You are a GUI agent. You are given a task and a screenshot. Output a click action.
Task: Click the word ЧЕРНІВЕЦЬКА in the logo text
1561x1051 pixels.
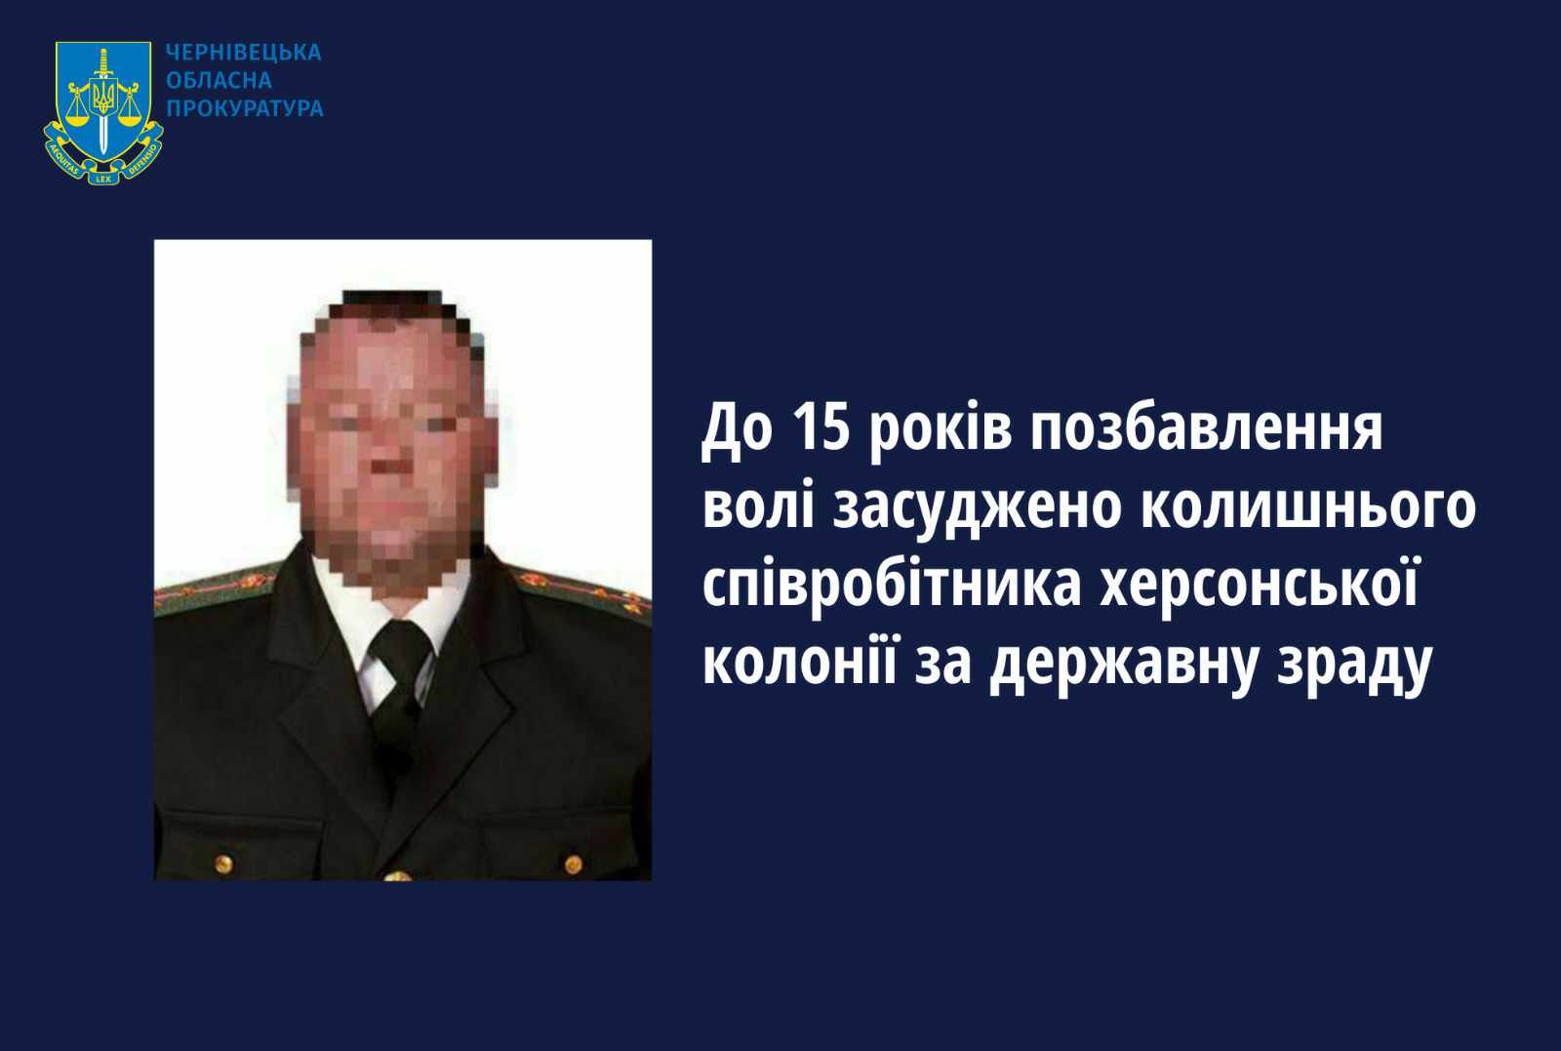(x=243, y=53)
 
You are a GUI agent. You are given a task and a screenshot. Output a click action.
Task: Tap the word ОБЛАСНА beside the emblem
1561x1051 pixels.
(x=219, y=80)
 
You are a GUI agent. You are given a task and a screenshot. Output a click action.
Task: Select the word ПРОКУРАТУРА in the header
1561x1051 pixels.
(x=245, y=108)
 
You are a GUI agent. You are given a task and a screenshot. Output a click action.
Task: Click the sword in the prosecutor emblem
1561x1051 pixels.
(x=103, y=101)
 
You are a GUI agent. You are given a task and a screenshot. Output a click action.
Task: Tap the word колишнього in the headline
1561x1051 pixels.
(x=1308, y=507)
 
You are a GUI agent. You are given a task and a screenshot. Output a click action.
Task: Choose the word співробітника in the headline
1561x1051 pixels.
(x=892, y=586)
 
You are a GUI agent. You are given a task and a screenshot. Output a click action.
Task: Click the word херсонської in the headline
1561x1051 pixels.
(x=1259, y=586)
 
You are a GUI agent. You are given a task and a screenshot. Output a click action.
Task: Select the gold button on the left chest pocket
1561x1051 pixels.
(x=223, y=865)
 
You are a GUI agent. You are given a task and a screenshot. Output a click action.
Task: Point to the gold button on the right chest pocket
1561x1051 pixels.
(x=573, y=865)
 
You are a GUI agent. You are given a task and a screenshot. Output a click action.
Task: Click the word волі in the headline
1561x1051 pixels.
(x=758, y=505)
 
